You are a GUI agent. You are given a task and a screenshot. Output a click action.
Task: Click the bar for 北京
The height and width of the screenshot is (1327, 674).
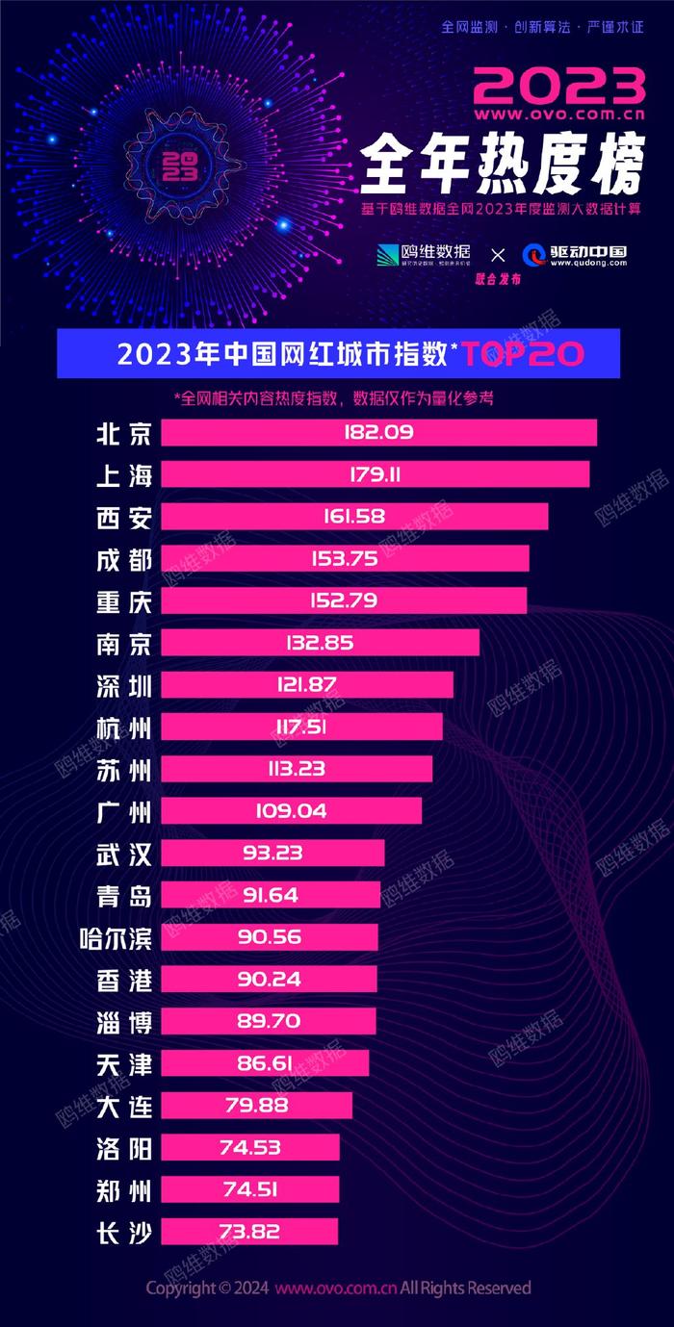pyautogui.click(x=378, y=433)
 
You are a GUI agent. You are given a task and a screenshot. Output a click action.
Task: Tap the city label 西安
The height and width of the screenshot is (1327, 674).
pyautogui.click(x=125, y=518)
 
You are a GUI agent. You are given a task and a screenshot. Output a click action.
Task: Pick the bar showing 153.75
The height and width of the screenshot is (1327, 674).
pyautogui.click(x=345, y=559)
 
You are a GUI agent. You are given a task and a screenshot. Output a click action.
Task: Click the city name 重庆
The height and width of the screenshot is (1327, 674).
pyautogui.click(x=125, y=601)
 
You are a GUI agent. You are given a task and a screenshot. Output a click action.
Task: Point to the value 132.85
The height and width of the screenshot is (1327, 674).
pyautogui.click(x=319, y=643)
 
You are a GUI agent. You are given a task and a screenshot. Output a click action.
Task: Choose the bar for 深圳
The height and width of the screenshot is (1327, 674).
pyautogui.click(x=306, y=685)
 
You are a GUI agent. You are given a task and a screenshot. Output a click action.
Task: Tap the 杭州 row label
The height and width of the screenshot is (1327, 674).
pyautogui.click(x=125, y=727)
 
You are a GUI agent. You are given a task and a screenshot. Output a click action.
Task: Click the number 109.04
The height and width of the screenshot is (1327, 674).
pyautogui.click(x=293, y=811)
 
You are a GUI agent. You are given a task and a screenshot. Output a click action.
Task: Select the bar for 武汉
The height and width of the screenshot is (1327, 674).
pyautogui.click(x=272, y=853)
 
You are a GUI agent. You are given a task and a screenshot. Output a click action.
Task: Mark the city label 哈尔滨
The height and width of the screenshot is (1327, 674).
pyautogui.click(x=117, y=937)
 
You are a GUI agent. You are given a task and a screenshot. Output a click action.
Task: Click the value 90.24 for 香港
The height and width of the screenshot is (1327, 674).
pyautogui.click(x=269, y=980)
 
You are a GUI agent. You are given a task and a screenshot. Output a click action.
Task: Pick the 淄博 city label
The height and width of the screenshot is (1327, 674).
pyautogui.click(x=125, y=1021)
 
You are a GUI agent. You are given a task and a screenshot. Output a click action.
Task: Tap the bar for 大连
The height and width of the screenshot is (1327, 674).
pyautogui.click(x=256, y=1105)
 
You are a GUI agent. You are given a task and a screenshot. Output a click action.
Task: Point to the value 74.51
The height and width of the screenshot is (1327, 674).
pyautogui.click(x=249, y=1189)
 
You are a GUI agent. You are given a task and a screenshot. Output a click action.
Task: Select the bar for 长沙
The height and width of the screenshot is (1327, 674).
pyautogui.click(x=249, y=1231)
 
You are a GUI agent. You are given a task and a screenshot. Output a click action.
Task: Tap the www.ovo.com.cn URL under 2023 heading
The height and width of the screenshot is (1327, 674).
pyautogui.click(x=558, y=114)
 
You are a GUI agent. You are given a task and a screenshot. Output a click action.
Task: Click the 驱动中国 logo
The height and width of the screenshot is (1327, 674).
pyautogui.click(x=575, y=255)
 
